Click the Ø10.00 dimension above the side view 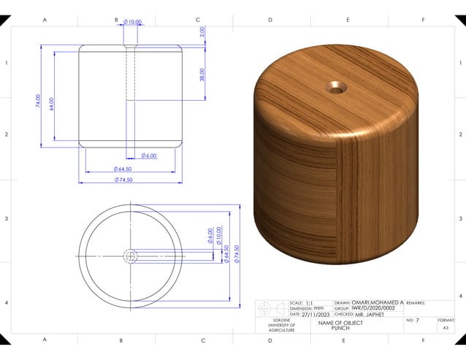point(132,23)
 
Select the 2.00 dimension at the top point(202,32)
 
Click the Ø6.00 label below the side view point(148,156)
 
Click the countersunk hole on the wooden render point(337,88)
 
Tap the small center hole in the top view point(131,256)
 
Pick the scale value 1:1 point(310,302)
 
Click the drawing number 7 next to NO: point(418,321)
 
